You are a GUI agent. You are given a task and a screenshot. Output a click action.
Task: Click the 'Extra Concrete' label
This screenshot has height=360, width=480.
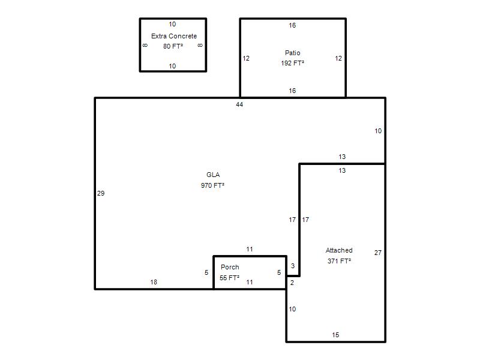[174, 36]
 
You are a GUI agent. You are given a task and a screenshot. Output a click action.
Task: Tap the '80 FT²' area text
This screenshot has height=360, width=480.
[173, 46]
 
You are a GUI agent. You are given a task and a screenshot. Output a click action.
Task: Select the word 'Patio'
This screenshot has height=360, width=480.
[293, 53]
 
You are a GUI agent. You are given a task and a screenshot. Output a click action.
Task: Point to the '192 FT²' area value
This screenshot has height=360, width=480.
[293, 63]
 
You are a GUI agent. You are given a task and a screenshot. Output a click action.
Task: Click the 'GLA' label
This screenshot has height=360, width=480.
[213, 175]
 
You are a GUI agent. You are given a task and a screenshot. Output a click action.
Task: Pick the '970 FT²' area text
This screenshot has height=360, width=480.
[213, 185]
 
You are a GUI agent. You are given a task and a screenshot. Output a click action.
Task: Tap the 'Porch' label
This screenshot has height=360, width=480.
[230, 267]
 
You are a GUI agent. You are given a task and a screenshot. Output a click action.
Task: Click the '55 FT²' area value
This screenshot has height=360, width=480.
[230, 278]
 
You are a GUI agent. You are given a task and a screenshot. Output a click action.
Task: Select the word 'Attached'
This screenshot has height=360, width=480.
[339, 250]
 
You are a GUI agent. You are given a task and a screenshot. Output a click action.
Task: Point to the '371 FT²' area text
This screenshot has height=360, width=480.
[339, 261]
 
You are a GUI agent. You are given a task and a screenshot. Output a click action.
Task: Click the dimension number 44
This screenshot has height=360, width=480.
[239, 104]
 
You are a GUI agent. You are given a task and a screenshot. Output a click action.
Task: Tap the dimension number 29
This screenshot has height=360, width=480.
[101, 193]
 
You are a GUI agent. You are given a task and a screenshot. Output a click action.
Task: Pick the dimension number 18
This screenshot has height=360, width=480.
[154, 282]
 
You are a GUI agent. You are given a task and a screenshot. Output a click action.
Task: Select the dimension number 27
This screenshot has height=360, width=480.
[378, 253]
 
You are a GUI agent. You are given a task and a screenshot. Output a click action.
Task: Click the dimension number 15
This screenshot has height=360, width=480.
[335, 335]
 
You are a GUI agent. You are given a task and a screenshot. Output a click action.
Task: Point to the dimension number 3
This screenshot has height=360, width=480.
[293, 266]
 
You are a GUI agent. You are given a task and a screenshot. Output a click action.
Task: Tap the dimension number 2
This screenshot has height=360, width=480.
[292, 283]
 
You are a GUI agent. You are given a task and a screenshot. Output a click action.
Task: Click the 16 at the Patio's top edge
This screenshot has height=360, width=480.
[292, 25]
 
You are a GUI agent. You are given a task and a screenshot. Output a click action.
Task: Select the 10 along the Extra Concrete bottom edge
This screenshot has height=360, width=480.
[172, 66]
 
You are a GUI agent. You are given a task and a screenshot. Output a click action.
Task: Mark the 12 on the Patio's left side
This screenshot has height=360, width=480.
[246, 58]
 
